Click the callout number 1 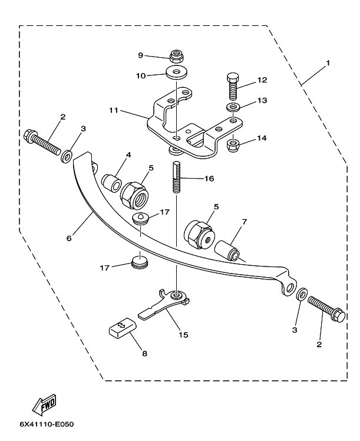point(328,62)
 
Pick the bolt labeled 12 point(233,87)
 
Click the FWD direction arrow point(45,404)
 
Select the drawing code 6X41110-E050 point(47,424)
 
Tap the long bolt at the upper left point(42,143)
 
